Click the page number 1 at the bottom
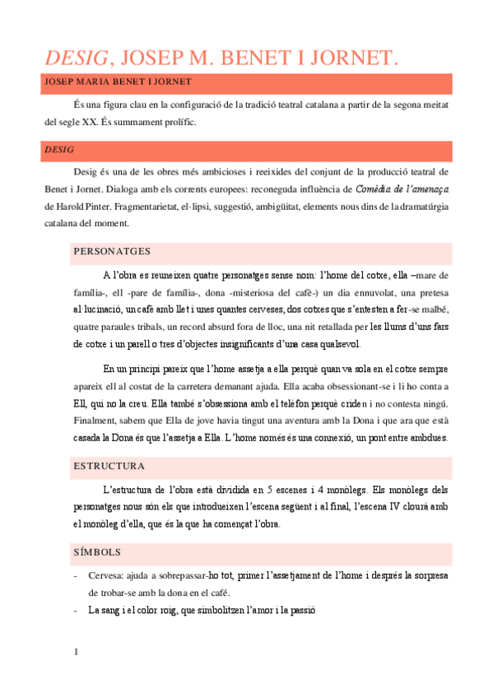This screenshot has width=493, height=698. [77, 653]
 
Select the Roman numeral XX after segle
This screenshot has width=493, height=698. [92, 123]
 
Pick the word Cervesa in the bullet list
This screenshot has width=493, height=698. [106, 575]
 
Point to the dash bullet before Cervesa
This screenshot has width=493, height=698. [77, 575]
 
